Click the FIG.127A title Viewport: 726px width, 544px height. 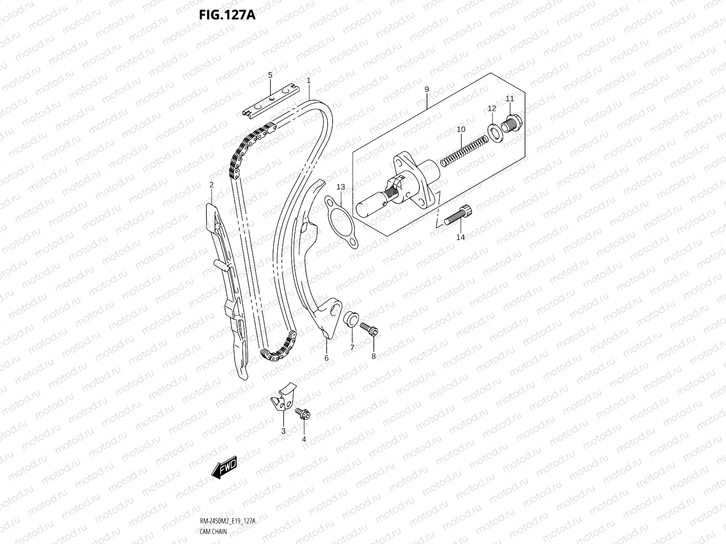(227, 15)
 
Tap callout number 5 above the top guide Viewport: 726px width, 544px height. (270, 75)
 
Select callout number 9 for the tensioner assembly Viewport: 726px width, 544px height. (427, 89)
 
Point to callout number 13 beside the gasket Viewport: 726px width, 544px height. (341, 187)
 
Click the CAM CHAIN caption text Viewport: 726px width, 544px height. (213, 531)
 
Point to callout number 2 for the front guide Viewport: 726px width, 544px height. (211, 185)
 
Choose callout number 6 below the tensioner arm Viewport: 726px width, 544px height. (326, 358)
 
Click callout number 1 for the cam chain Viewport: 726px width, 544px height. (308, 80)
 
